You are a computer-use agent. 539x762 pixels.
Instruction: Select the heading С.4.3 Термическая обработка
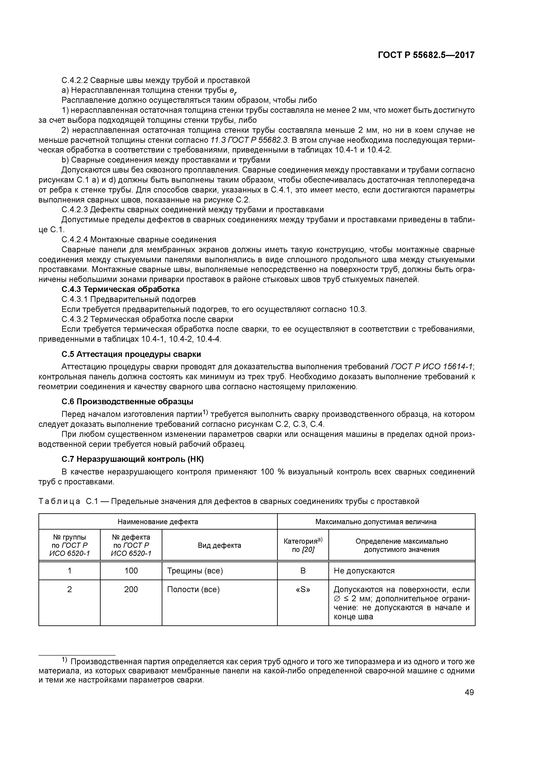(x=121, y=289)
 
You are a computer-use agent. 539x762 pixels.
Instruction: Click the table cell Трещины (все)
(x=195, y=571)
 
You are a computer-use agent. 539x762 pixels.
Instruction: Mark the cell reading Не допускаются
(x=364, y=571)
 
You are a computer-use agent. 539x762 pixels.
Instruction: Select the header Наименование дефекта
(x=158, y=522)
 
